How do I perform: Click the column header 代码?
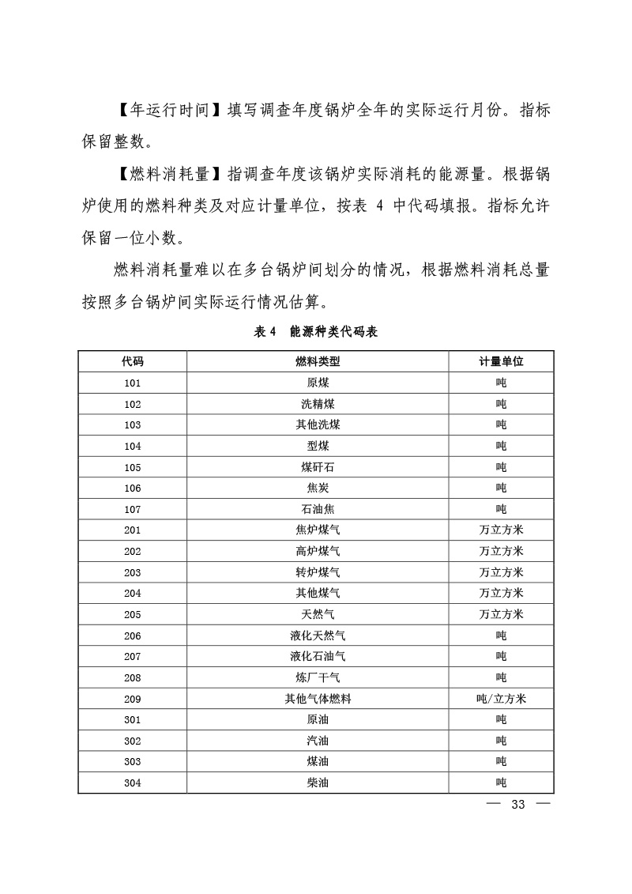pos(132,362)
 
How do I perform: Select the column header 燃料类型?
pos(317,362)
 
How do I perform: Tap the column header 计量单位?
pos(501,362)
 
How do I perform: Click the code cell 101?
pos(132,383)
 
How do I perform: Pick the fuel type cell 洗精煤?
pos(317,404)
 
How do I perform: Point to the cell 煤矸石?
pos(317,467)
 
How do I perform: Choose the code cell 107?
pos(132,509)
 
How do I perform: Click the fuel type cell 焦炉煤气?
pos(317,530)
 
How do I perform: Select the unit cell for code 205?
pos(501,614)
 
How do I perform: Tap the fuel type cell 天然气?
pos(317,614)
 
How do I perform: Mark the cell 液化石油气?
pos(317,656)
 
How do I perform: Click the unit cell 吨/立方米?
pos(501,699)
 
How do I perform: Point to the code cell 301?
pos(132,719)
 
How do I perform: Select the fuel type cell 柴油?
pos(317,783)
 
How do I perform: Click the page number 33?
pos(518,805)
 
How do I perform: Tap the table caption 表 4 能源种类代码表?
pos(316,333)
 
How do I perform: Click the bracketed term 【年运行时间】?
pos(164,111)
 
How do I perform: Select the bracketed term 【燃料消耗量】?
pos(164,173)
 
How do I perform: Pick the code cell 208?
pos(132,677)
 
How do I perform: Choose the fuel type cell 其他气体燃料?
pos(317,699)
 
